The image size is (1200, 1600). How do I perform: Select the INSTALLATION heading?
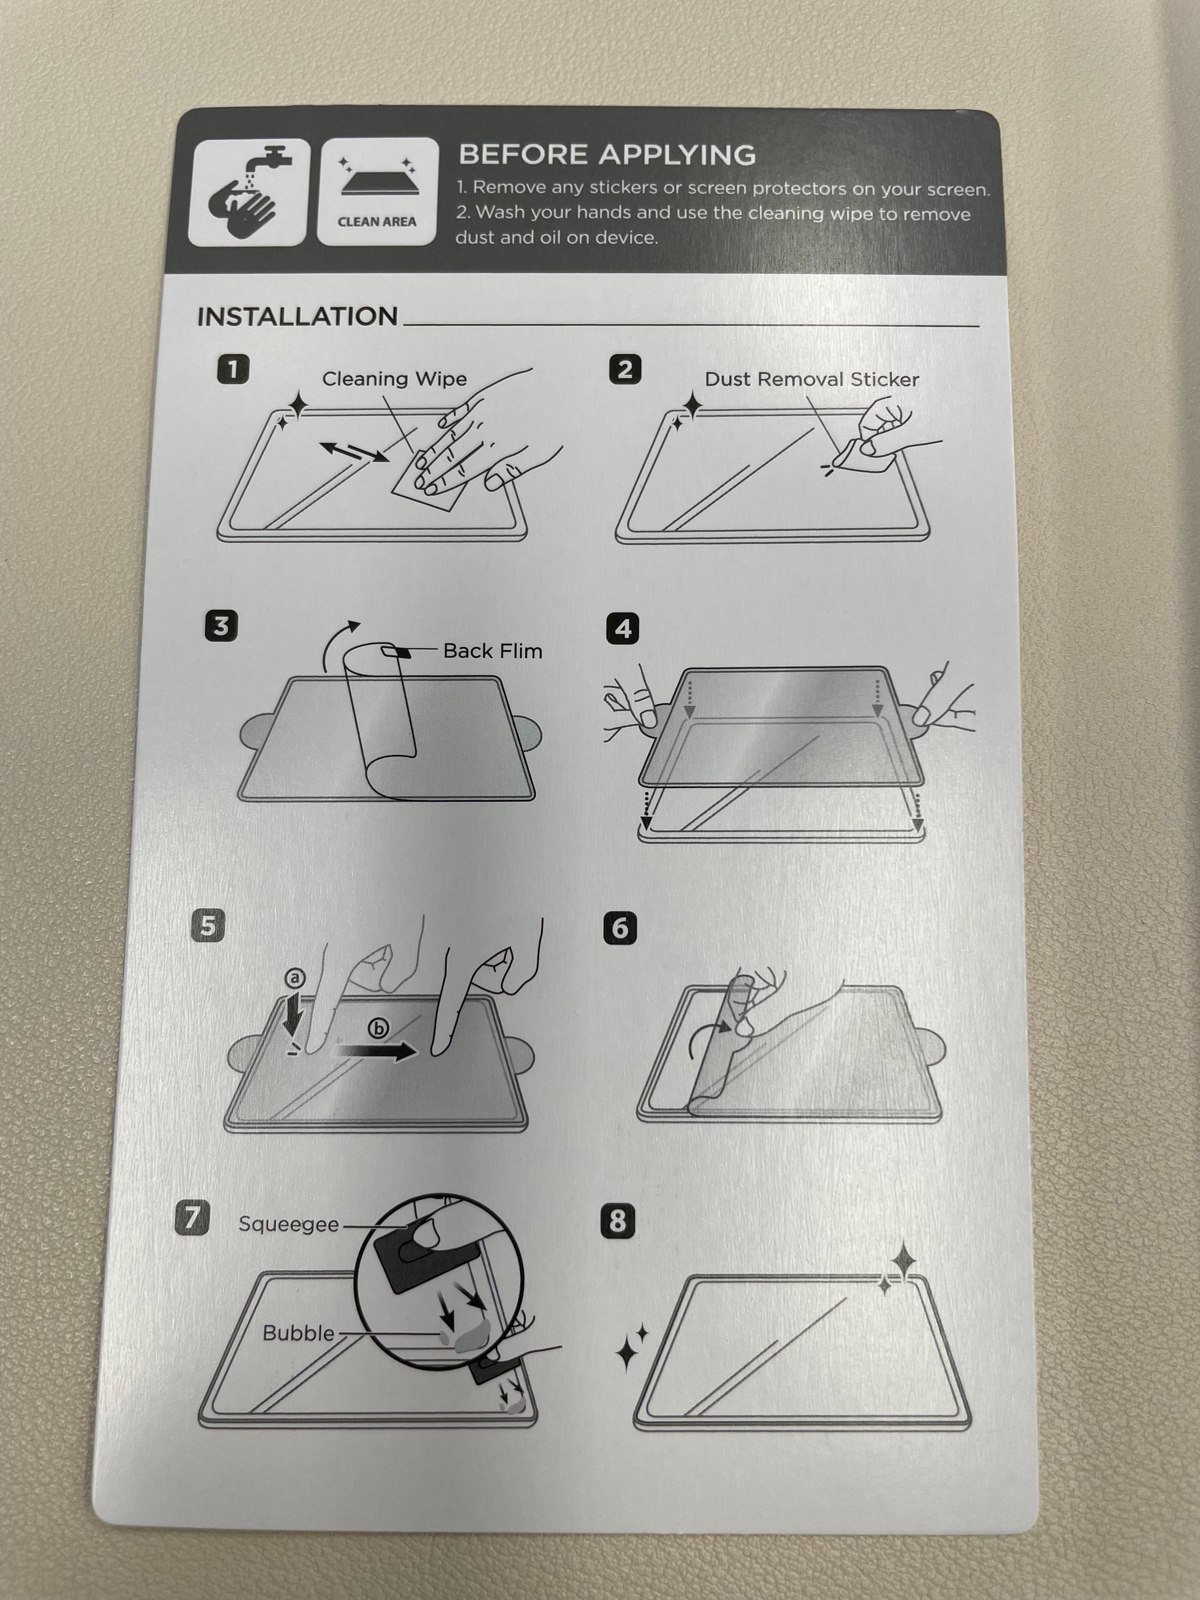[x=297, y=317]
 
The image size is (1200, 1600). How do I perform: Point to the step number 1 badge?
[x=233, y=369]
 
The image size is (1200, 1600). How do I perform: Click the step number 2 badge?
[x=625, y=369]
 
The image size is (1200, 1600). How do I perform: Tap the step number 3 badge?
[x=221, y=626]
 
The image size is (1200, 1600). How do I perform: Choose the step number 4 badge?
[x=623, y=629]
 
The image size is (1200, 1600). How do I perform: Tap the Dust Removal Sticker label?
[x=812, y=380]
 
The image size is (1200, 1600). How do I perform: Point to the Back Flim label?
[x=492, y=651]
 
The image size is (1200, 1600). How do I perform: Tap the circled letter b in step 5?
[x=378, y=1028]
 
